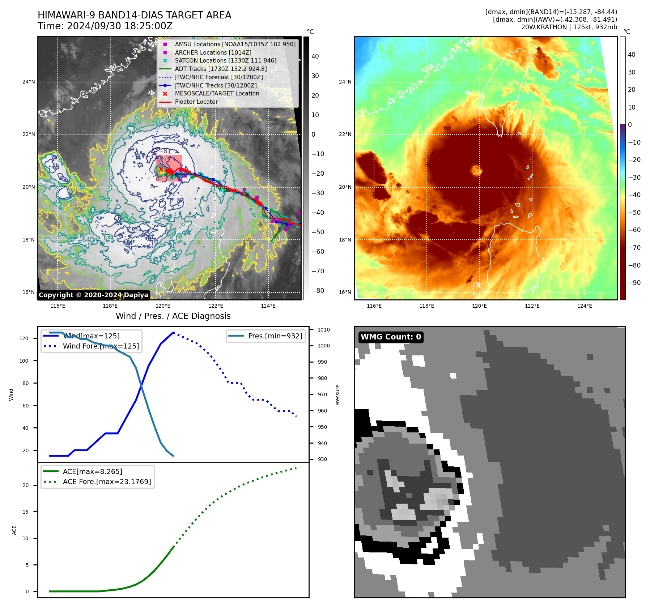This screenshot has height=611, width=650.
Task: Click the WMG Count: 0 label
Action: [x=391, y=337]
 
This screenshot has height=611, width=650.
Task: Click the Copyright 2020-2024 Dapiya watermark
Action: [x=93, y=295]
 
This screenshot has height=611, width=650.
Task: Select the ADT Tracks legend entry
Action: [x=221, y=69]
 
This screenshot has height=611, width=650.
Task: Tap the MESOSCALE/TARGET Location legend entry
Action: [x=217, y=93]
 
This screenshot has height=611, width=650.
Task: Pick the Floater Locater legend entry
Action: [x=196, y=102]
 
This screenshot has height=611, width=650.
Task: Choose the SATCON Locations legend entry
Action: [x=225, y=60]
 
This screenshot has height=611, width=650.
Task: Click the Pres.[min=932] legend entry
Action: [x=275, y=336]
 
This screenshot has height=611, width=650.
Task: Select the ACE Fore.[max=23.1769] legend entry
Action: [x=107, y=482]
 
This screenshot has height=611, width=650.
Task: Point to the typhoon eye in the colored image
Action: [x=476, y=170]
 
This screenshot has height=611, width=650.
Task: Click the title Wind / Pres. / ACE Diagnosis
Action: [x=173, y=316]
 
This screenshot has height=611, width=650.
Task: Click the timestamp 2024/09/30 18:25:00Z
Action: [x=119, y=26]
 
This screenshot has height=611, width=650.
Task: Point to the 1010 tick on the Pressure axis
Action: [x=324, y=330]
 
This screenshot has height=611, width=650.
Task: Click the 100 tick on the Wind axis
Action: [x=24, y=361]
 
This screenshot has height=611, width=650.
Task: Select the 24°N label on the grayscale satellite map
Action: [x=29, y=82]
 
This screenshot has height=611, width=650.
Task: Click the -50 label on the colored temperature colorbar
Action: [x=634, y=213]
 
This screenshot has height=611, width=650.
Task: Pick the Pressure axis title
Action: [x=337, y=395]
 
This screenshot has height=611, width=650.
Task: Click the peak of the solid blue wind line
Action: [x=174, y=332]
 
